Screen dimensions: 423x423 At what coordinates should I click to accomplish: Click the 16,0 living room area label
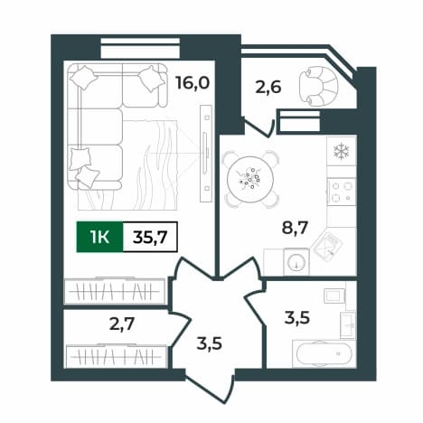pos(193,82)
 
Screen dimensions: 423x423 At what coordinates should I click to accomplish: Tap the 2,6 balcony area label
pos(268,87)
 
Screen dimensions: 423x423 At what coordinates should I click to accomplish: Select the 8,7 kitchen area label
pos(295,227)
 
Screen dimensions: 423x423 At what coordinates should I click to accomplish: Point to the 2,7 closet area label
pos(122,324)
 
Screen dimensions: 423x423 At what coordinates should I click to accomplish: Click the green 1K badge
pos(100,237)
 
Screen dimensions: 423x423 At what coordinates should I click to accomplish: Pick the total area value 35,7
pos(150,237)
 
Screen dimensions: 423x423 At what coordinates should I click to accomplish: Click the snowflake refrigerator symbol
pos(342,151)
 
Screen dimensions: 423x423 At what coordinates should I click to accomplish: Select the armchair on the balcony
pos(318,86)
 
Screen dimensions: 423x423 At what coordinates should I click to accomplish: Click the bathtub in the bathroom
pos(324,353)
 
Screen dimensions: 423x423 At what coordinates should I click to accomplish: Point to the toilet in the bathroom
pos(334,296)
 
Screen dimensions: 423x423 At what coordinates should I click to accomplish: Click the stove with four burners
pos(342,192)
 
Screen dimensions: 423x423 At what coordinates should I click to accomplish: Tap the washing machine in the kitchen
pos(296,261)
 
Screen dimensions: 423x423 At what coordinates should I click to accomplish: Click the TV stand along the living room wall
pos(206,154)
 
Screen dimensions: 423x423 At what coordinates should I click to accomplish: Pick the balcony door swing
pos(259,127)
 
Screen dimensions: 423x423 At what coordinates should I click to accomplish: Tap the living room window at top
pos(140,48)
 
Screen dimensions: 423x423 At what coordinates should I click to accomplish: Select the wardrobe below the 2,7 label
pos(117,356)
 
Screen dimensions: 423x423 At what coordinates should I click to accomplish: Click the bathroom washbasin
pos(348,325)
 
